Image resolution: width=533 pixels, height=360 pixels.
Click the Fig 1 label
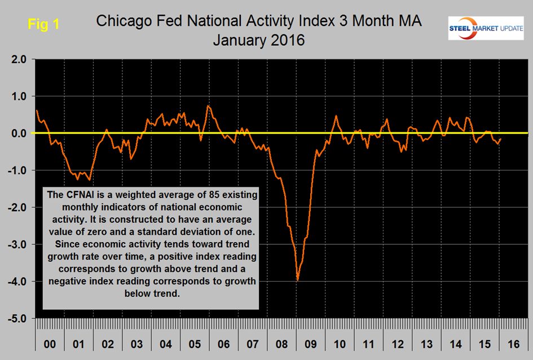(x=43, y=25)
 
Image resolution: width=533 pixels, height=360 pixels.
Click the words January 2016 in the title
(x=259, y=40)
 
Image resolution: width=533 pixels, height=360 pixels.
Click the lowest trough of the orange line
(x=297, y=280)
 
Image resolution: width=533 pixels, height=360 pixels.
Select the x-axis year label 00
(x=50, y=343)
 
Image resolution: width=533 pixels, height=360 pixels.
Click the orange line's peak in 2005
(x=208, y=106)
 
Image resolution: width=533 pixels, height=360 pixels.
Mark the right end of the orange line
(x=501, y=139)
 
